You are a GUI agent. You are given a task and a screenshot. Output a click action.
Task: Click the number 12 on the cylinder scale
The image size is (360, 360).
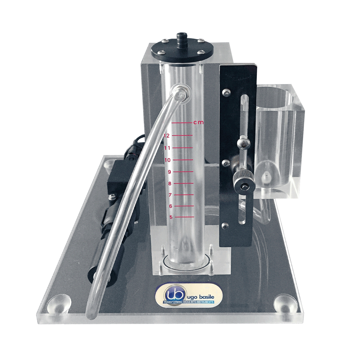coord(166,136)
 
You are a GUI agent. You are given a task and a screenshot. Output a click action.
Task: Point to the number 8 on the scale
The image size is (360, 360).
coord(169,184)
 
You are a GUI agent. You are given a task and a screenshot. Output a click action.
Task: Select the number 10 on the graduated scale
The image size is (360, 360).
coord(168,160)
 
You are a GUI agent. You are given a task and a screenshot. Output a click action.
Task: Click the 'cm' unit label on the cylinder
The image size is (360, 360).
coord(198,123)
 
